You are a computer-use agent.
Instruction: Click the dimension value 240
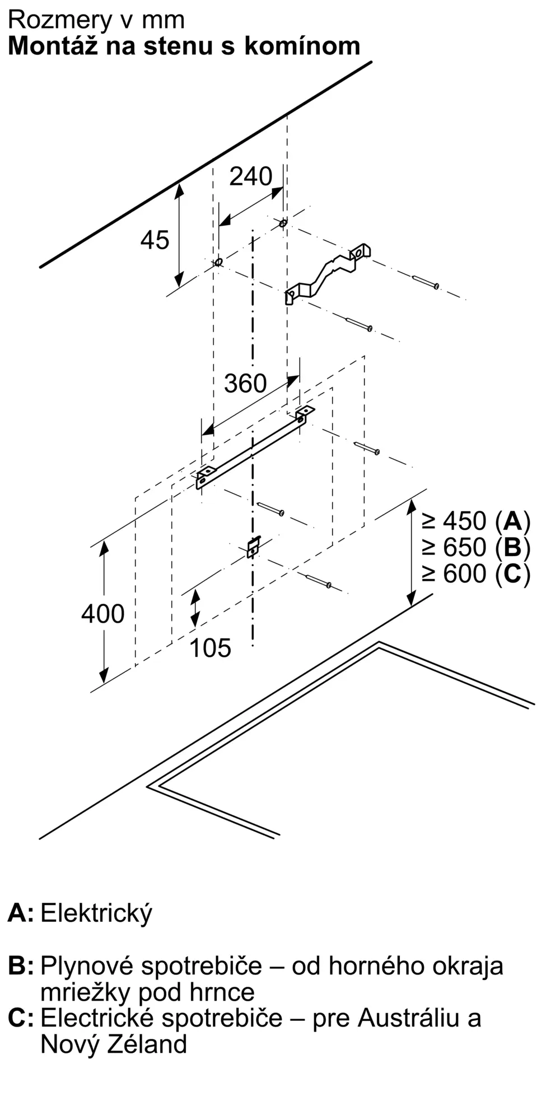[x=251, y=176]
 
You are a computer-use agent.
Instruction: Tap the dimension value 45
[x=155, y=240]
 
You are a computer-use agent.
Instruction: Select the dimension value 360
[x=245, y=384]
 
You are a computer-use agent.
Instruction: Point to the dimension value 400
[x=103, y=614]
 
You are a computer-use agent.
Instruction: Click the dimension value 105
[x=210, y=648]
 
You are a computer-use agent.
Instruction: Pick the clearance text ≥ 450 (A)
[x=476, y=521]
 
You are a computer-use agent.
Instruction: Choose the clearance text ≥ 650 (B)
[x=476, y=547]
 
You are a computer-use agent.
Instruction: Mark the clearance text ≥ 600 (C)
[x=476, y=573]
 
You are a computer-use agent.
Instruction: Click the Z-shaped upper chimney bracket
[x=328, y=273]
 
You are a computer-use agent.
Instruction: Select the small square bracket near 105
[x=254, y=547]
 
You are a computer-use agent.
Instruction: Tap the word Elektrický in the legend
[x=96, y=913]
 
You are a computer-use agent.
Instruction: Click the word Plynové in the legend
[x=87, y=967]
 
